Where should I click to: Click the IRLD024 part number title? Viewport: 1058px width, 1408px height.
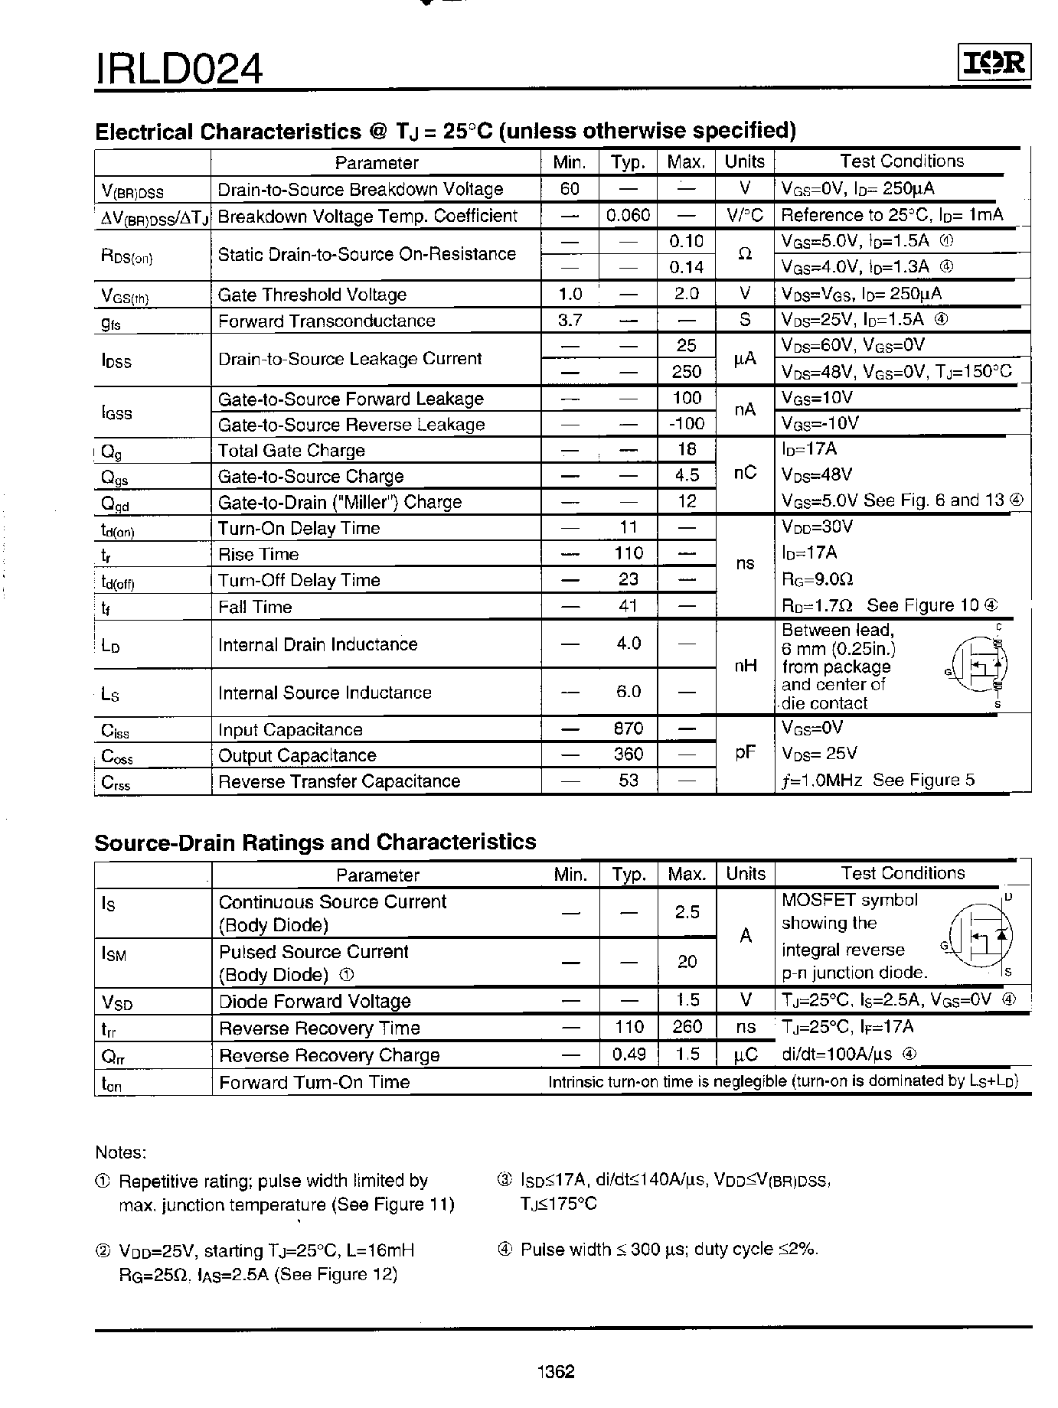(179, 68)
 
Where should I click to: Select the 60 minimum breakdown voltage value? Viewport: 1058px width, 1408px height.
(570, 189)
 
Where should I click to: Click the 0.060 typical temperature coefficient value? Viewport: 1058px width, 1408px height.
(628, 216)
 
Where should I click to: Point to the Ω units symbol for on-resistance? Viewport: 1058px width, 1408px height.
(744, 254)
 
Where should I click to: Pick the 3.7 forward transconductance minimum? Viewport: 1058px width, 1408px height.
(570, 321)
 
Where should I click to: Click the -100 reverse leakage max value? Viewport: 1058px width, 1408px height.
(687, 424)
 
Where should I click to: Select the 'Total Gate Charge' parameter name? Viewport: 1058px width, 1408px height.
(291, 451)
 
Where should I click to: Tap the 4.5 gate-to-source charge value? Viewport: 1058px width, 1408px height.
(687, 476)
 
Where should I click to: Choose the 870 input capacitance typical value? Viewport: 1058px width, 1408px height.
(628, 728)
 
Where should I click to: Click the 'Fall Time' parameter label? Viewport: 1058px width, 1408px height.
(255, 608)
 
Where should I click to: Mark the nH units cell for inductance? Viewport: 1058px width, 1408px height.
(745, 667)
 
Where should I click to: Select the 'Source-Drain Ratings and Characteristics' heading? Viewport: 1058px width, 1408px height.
(315, 843)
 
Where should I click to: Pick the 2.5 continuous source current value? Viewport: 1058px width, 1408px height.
(687, 912)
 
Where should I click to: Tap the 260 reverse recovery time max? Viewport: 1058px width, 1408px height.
(687, 1027)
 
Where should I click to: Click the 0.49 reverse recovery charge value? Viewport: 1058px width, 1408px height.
(629, 1054)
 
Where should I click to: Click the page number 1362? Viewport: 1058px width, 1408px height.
(557, 1371)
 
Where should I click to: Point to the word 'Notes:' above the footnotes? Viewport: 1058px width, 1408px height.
(120, 1152)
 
